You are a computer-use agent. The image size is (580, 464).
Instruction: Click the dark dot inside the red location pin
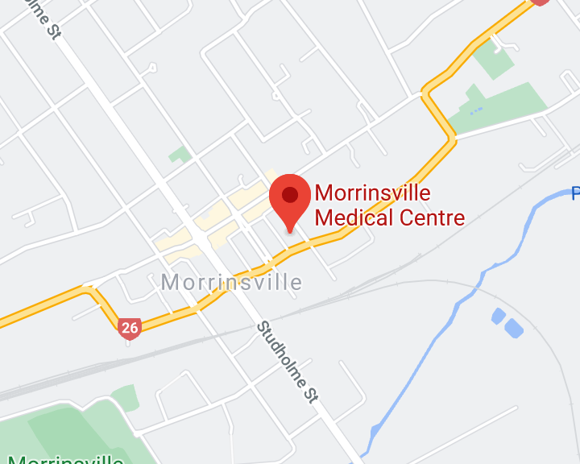tap(289, 194)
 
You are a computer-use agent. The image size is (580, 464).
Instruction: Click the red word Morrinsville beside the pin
tap(372, 193)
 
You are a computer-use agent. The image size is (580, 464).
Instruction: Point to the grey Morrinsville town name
tap(231, 283)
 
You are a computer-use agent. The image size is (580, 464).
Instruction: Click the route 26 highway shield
tap(129, 327)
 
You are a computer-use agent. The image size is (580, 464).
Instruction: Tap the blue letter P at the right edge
tap(575, 193)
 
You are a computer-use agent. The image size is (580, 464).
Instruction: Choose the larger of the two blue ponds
tap(513, 328)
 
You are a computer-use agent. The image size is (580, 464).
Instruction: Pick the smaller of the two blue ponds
tap(498, 314)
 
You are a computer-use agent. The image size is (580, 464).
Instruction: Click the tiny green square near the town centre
tap(180, 155)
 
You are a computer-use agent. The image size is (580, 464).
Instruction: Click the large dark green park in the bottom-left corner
tap(72, 431)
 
